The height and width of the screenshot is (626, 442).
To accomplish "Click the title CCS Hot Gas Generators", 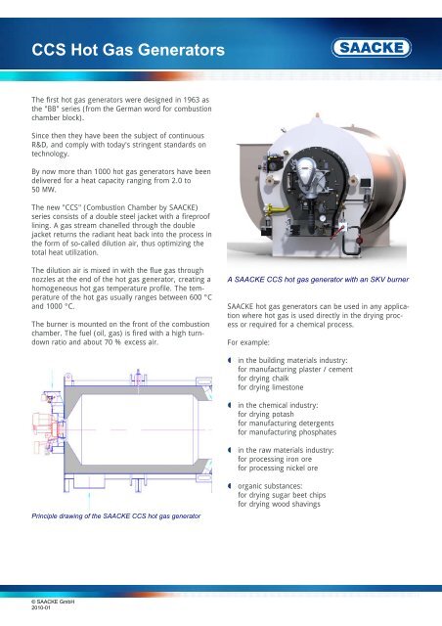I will pyautogui.click(x=121, y=47).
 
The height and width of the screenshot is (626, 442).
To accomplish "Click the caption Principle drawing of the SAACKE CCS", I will pyautogui.click(x=116, y=514).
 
